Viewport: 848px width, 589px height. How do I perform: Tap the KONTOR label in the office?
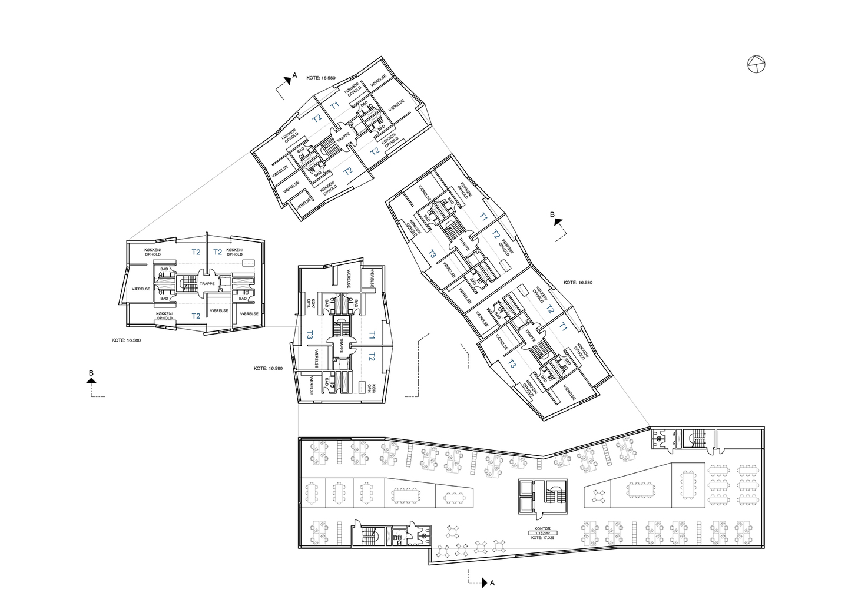[542, 528]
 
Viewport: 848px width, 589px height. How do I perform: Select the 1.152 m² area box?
[542, 533]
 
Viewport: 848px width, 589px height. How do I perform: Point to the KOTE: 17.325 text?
[542, 538]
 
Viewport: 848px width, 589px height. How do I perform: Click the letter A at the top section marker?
[295, 75]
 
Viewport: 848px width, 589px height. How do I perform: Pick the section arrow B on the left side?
[91, 381]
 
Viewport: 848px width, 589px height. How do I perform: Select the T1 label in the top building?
[334, 105]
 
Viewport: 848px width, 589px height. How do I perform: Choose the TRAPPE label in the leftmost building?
[207, 284]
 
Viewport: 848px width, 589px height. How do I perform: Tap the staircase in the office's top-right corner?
[698, 439]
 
